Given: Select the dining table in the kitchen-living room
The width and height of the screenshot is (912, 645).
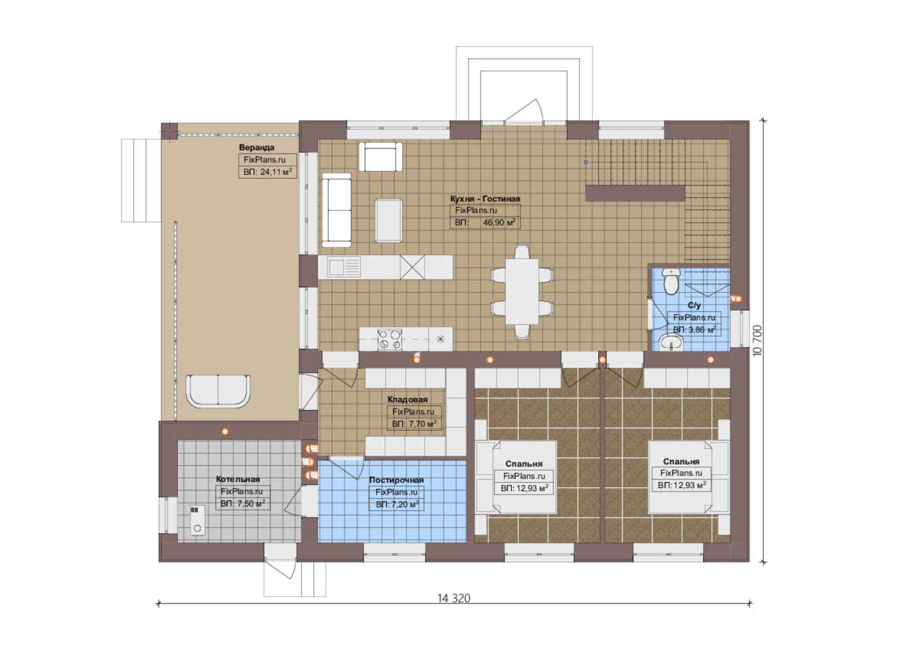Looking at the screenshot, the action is tap(522, 291).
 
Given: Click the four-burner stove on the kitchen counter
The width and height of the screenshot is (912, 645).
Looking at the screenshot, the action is tap(390, 339).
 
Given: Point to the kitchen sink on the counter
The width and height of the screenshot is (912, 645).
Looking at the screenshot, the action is tap(344, 268).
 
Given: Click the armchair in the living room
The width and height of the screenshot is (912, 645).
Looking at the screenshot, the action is tap(380, 157).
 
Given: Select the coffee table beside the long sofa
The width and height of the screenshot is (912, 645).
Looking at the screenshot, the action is tap(389, 220).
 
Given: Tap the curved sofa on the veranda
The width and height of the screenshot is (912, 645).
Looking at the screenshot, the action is tap(218, 391).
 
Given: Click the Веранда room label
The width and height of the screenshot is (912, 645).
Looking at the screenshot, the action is tap(257, 148).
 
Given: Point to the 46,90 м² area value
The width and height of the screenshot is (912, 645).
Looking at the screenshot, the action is tap(499, 223).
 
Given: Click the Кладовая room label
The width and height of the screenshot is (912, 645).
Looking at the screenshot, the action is tap(408, 400).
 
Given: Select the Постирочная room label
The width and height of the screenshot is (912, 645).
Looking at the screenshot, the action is tap(396, 480).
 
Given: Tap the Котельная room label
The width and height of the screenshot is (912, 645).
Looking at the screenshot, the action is tap(238, 479).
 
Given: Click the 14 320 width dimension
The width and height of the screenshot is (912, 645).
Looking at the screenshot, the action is tap(454, 598).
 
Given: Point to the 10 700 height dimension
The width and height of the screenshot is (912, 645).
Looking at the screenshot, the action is tap(757, 340).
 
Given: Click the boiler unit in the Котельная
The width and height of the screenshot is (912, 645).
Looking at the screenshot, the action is tap(198, 520).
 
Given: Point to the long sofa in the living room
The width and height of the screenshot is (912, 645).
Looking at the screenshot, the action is tap(337, 210).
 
